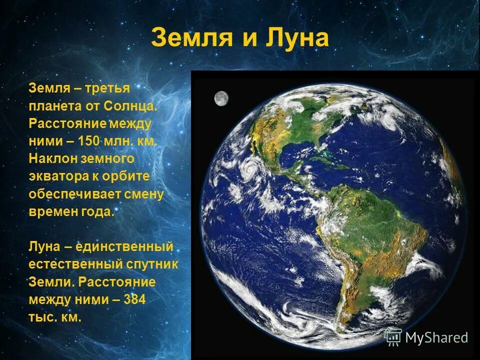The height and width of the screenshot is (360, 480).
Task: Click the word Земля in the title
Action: (188, 38)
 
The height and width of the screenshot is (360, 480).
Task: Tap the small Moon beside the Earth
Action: (221, 98)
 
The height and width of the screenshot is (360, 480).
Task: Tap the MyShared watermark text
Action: (436, 337)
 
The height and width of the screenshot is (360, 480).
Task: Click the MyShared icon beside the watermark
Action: (393, 337)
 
